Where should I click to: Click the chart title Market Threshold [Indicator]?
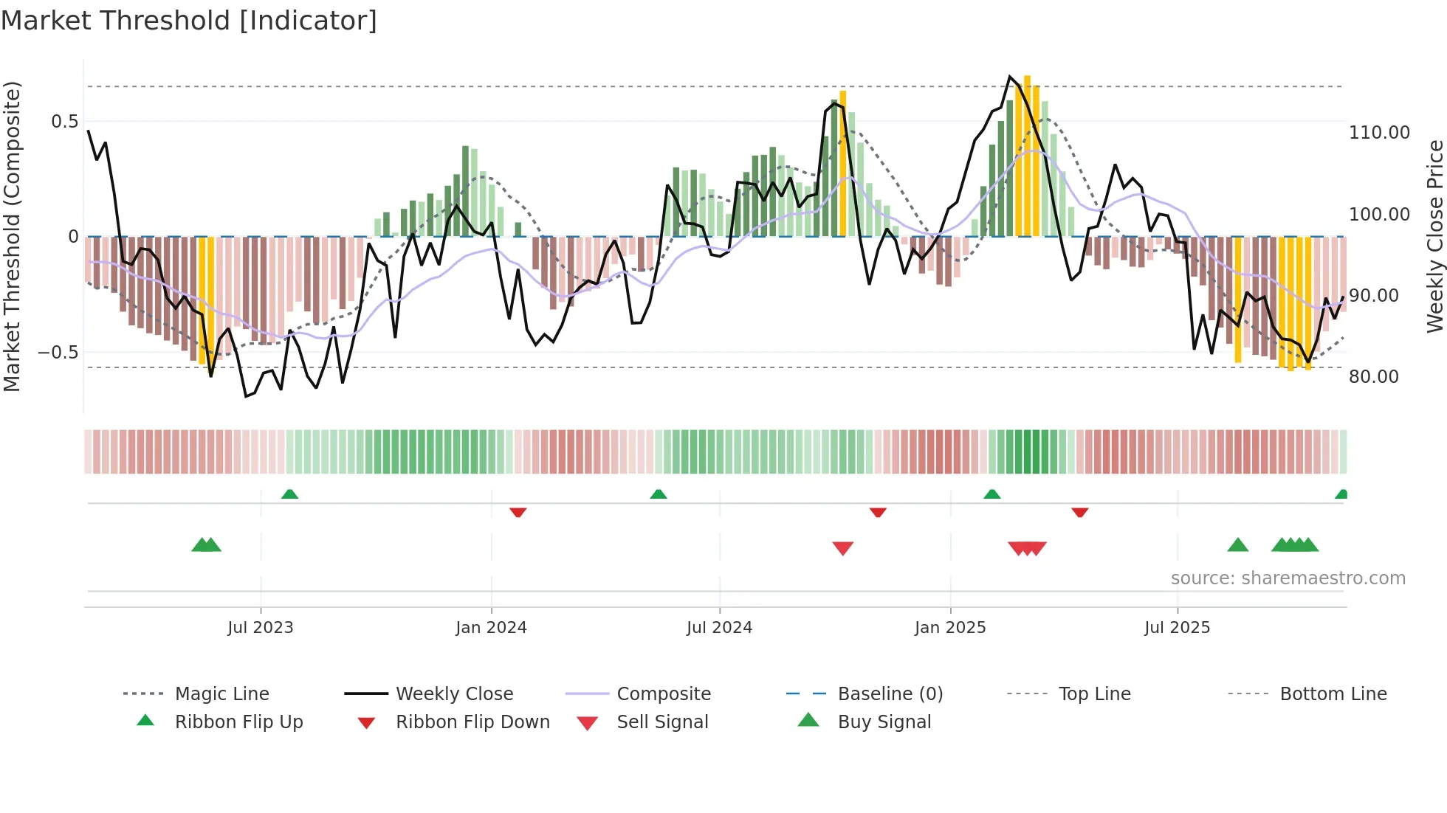click(x=189, y=21)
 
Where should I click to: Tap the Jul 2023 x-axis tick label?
click(x=260, y=628)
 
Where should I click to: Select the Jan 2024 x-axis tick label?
click(x=491, y=628)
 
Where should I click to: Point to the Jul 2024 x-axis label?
click(x=719, y=628)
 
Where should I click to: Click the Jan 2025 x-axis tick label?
click(x=950, y=628)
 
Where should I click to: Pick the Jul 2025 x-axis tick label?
click(x=1177, y=628)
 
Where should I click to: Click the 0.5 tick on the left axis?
click(x=64, y=122)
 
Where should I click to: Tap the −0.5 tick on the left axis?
click(x=58, y=353)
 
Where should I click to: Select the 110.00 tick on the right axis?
click(x=1379, y=133)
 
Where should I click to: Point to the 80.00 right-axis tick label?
click(x=1373, y=377)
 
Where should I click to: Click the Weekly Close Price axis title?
click(x=1434, y=236)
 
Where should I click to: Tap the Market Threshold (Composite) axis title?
click(x=12, y=236)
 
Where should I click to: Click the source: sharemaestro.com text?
click(x=1288, y=578)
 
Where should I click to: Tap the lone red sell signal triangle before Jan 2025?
click(x=842, y=548)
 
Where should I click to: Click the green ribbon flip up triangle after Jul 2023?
click(x=289, y=494)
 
